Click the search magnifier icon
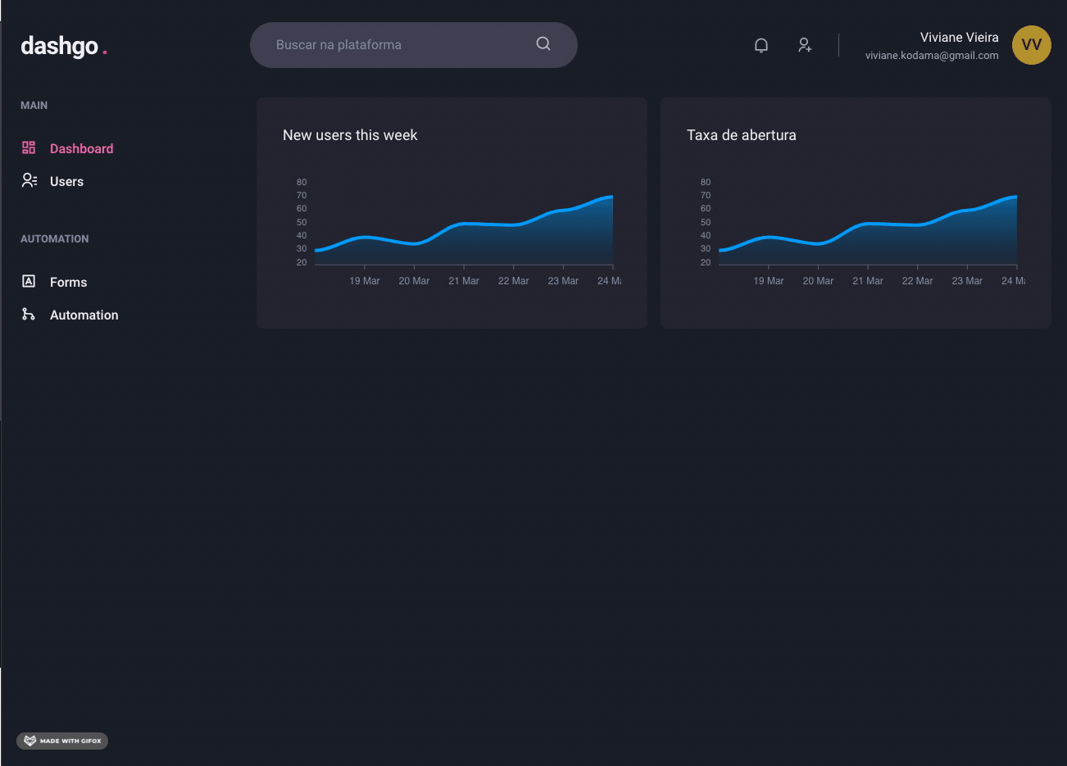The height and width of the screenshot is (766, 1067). click(x=543, y=44)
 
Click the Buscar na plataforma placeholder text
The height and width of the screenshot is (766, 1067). click(x=338, y=45)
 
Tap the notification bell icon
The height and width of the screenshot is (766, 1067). click(x=761, y=45)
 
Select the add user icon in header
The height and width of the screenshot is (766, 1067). click(x=805, y=45)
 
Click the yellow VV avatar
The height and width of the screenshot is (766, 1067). click(x=1031, y=45)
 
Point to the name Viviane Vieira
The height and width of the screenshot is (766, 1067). click(x=959, y=38)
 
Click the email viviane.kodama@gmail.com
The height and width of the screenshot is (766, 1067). click(x=932, y=56)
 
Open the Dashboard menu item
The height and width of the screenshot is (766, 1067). click(x=81, y=148)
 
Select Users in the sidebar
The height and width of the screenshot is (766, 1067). click(x=66, y=181)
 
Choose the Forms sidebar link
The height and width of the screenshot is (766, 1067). click(x=68, y=282)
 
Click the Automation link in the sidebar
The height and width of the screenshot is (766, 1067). click(x=84, y=315)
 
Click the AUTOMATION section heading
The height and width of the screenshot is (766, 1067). click(x=54, y=238)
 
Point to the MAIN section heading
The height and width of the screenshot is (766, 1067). click(x=34, y=105)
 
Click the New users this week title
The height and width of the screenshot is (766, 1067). click(x=350, y=135)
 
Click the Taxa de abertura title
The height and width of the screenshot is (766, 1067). click(x=741, y=135)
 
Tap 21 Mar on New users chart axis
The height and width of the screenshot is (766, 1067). click(x=464, y=281)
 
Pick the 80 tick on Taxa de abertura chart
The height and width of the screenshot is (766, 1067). click(x=706, y=182)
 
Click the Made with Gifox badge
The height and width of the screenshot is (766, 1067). click(x=62, y=741)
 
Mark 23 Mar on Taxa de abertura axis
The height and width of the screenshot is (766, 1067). click(x=967, y=281)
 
